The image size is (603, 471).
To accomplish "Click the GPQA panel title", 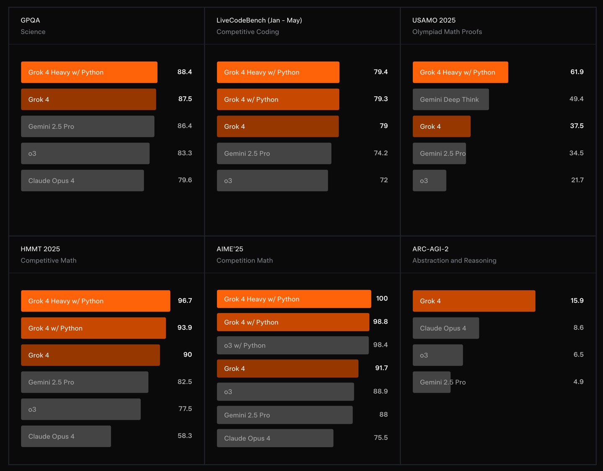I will tap(31, 20).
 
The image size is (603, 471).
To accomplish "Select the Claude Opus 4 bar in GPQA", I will tap(82, 180).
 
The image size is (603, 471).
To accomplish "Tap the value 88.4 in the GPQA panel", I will tap(185, 72).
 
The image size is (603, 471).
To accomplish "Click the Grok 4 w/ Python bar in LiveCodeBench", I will tap(278, 99).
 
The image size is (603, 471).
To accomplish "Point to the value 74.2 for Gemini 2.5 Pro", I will tap(381, 153).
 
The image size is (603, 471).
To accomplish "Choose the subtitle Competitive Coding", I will tap(247, 32).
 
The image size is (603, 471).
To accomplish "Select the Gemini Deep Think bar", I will tap(451, 99).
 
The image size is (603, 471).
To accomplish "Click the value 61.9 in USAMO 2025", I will tap(577, 72).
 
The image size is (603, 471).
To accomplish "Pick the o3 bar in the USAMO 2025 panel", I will tap(429, 180).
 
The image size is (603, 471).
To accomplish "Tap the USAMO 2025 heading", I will tap(434, 20).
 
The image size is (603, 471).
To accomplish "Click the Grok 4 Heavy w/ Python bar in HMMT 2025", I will tap(95, 301).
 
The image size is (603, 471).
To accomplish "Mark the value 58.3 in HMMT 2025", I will tap(185, 436).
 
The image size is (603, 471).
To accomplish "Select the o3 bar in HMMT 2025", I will tap(81, 409).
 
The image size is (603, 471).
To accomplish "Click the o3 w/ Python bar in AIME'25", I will tap(293, 345).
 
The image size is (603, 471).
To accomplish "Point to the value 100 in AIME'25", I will tap(382, 299).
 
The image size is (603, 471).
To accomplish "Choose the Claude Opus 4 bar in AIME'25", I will tap(275, 438).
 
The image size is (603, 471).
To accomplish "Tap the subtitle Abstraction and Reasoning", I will tap(454, 260).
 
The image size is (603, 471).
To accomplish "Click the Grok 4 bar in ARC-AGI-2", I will tap(474, 301).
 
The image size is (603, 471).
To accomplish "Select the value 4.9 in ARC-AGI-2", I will tap(578, 382).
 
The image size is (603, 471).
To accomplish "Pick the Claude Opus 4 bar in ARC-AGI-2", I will tap(446, 328).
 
